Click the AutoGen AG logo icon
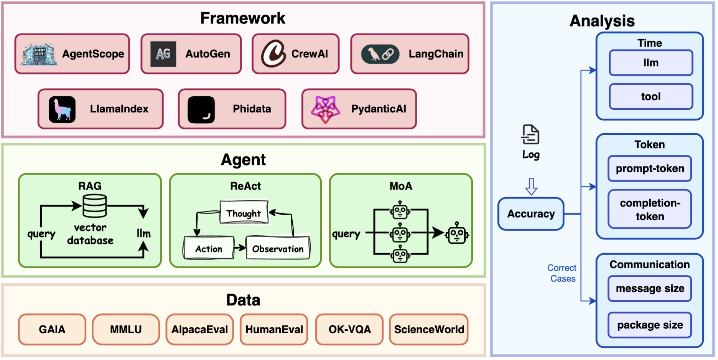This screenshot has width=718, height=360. tap(163, 54)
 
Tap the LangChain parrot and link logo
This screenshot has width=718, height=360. tap(380, 54)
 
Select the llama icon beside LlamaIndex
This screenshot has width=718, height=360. tap(62, 109)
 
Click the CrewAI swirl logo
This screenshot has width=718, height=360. tap(273, 54)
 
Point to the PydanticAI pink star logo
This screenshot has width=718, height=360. tap(325, 109)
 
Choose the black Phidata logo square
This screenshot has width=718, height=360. tap(201, 110)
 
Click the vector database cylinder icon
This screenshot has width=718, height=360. tap(94, 206)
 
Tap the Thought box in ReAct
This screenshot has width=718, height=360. tap(244, 213)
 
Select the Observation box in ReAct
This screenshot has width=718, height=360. tap(278, 249)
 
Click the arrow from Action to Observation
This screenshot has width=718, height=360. tap(240, 248)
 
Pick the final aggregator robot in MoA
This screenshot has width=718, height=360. tap(456, 233)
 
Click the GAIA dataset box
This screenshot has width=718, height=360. tap(52, 329)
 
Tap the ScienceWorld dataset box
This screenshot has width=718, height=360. tap(429, 329)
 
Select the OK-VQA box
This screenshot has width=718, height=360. tap(349, 329)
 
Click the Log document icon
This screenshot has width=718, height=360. tap(530, 135)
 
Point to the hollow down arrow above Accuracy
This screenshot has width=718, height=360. tap(531, 186)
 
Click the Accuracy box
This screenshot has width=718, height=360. tap(531, 214)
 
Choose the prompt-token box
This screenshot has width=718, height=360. tap(650, 168)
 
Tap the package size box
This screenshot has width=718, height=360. tap(650, 325)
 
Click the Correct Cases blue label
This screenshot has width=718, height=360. tap(562, 273)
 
